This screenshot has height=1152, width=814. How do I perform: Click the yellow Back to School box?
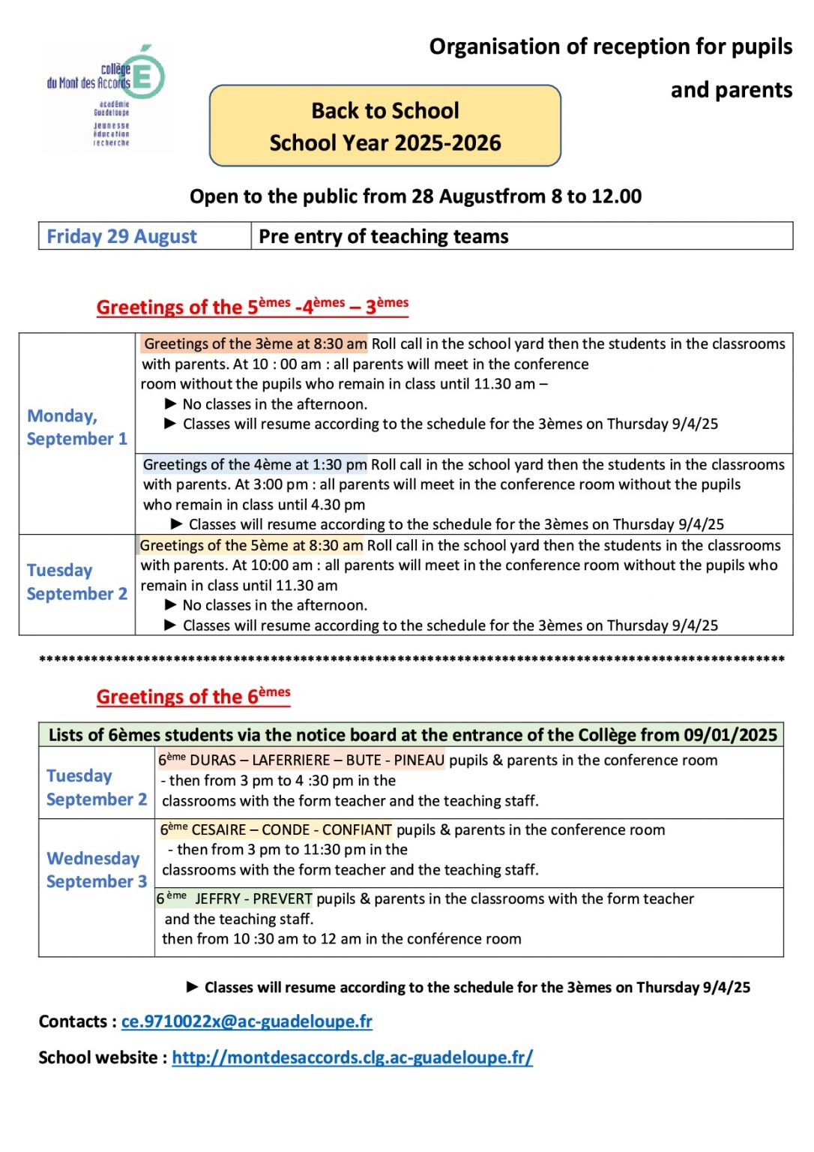tap(385, 125)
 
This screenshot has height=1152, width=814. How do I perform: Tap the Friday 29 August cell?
tap(121, 236)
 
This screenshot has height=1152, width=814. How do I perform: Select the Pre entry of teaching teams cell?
tap(383, 236)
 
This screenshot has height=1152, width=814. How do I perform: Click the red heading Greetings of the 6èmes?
tap(193, 696)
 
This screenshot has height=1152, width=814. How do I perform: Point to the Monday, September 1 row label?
tap(76, 427)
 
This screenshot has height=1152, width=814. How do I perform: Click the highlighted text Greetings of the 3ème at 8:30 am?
tap(255, 344)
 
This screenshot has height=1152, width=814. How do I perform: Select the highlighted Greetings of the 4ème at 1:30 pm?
tap(255, 465)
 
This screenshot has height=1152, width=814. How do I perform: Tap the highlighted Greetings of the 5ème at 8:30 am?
tap(251, 545)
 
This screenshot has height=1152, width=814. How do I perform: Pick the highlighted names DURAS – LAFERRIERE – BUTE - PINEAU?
tap(316, 760)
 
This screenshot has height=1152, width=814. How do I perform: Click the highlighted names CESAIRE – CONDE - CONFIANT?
tap(291, 829)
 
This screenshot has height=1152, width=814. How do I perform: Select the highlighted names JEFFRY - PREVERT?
tap(253, 898)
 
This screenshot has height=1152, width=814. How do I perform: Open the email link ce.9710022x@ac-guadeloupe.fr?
tap(247, 1021)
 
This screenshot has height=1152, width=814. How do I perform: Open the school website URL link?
tap(352, 1057)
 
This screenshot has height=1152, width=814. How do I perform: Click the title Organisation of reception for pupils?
tap(610, 46)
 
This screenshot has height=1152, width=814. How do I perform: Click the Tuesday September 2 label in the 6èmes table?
tap(96, 787)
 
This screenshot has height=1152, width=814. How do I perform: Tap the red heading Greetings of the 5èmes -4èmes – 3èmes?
tap(252, 307)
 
